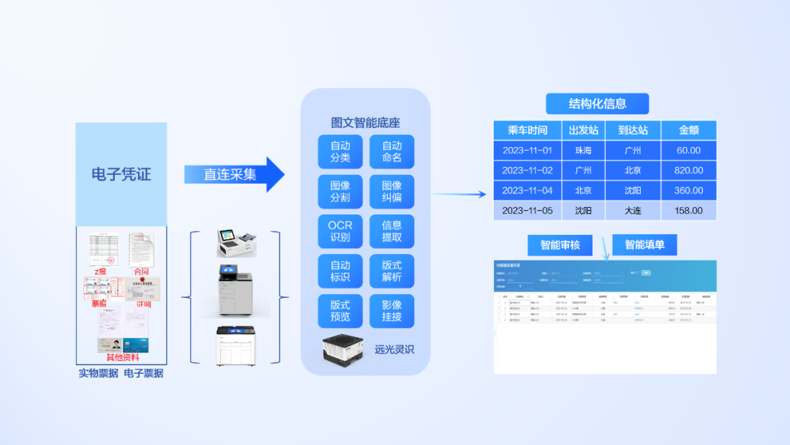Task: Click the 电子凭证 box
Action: pyautogui.click(x=121, y=174)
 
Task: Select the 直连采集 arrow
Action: pyautogui.click(x=233, y=174)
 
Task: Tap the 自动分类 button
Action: pyautogui.click(x=340, y=152)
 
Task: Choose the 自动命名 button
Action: pyautogui.click(x=391, y=152)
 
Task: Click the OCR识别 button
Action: pyautogui.click(x=340, y=231)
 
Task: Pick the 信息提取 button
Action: pyautogui.click(x=391, y=231)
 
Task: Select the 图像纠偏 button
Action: pyautogui.click(x=391, y=192)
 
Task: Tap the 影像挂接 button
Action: pyautogui.click(x=391, y=311)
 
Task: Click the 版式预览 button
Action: pyautogui.click(x=340, y=311)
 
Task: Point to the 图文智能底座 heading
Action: pyautogui.click(x=365, y=123)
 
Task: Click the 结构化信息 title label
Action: pyautogui.click(x=597, y=104)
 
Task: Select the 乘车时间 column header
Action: pyautogui.click(x=527, y=130)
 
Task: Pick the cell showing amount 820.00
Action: pyautogui.click(x=688, y=171)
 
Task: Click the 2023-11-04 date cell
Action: pyautogui.click(x=527, y=190)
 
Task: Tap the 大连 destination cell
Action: pyautogui.click(x=633, y=211)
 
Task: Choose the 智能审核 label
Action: pyautogui.click(x=560, y=245)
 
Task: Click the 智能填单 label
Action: pyautogui.click(x=644, y=245)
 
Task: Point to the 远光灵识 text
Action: pyautogui.click(x=394, y=349)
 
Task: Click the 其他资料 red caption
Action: pyautogui.click(x=122, y=357)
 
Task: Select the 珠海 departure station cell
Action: pyautogui.click(x=583, y=151)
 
